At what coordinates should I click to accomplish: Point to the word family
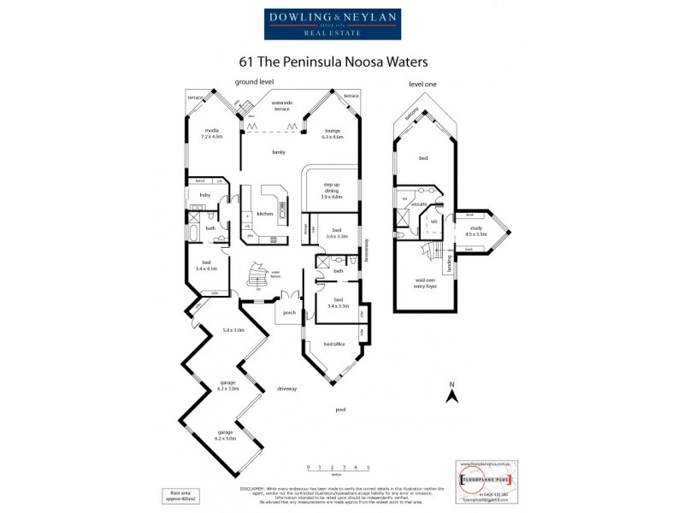pyautogui.click(x=278, y=151)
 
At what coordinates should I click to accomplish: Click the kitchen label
pyautogui.click(x=264, y=214)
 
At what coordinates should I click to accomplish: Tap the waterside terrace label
pyautogui.click(x=282, y=107)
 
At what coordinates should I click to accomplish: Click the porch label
pyautogui.click(x=289, y=312)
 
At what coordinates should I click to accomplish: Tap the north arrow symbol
pyautogui.click(x=451, y=392)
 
